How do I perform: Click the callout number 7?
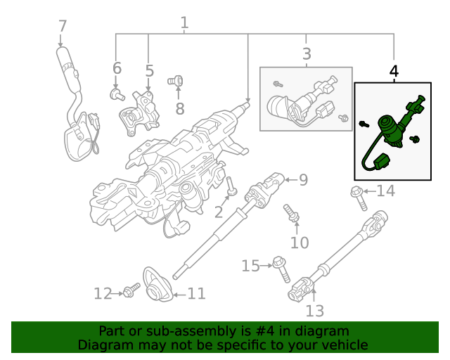coord(63,26)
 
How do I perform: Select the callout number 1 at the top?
coord(184,23)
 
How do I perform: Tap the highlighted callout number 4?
coord(394,71)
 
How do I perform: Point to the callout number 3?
coord(307,53)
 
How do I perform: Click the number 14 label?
coord(386,191)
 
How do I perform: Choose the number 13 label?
coord(315,310)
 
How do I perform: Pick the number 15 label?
coord(250,266)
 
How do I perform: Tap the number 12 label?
coord(103,293)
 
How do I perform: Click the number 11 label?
coord(196,293)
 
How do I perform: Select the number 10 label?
coord(300,243)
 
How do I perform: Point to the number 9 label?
coord(303,180)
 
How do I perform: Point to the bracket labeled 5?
coord(141,112)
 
